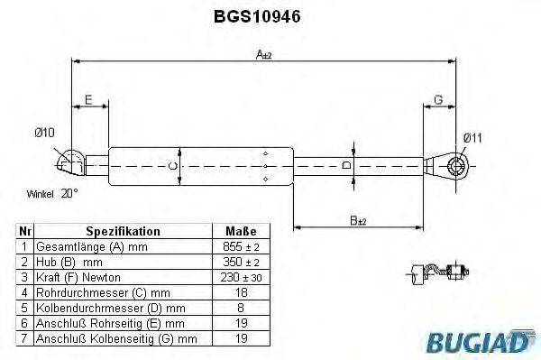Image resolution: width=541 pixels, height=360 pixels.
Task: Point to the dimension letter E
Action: (88, 98)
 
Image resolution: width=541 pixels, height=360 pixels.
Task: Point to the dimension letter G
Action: (438, 98)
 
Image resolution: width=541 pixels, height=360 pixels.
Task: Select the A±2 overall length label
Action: (264, 54)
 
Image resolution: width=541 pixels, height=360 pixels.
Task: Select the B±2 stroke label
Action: (359, 220)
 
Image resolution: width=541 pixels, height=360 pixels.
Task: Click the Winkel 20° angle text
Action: (51, 193)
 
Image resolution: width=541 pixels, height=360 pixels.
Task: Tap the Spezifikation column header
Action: (123, 231)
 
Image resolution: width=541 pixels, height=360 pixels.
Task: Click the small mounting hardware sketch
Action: (439, 272)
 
